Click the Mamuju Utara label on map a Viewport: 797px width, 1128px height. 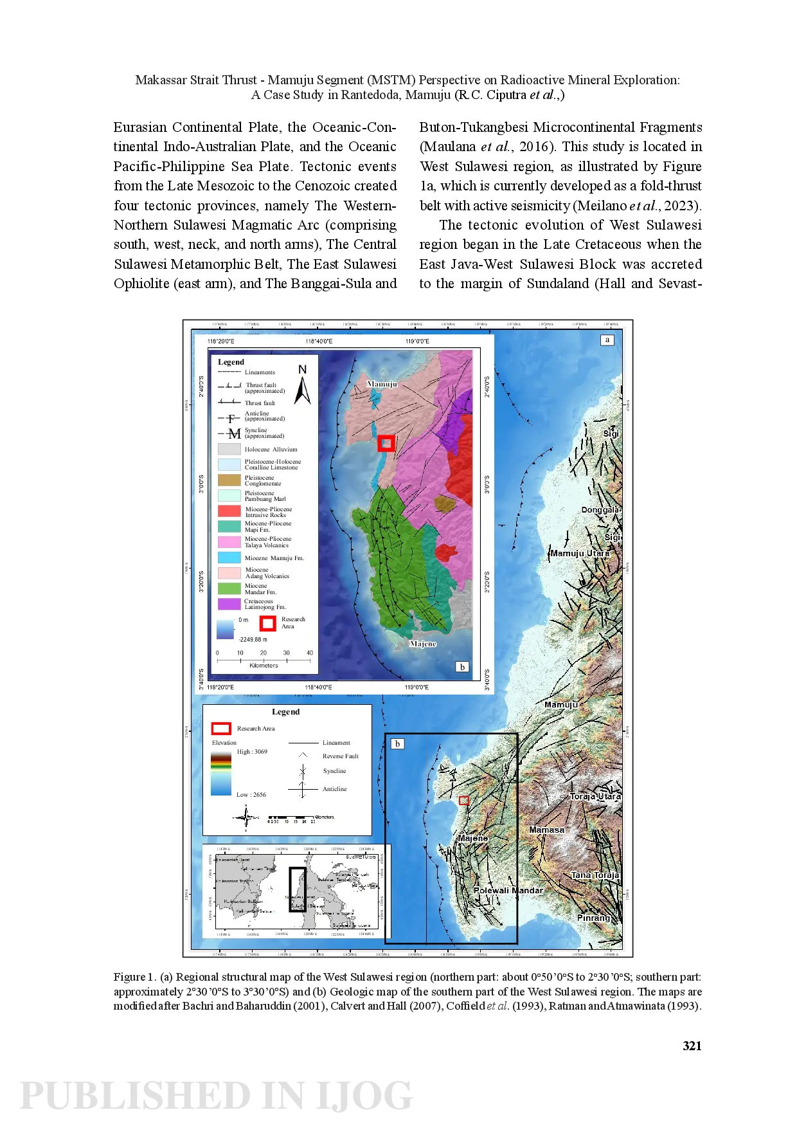580,553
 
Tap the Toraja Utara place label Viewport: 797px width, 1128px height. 595,796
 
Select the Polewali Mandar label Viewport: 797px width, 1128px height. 508,891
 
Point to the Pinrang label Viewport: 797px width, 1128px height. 593,918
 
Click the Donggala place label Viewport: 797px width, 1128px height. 600,510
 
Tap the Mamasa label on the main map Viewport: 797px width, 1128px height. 546,830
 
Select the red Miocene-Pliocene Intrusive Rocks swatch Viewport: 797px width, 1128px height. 229,511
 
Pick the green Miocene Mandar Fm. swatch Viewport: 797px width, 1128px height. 229,588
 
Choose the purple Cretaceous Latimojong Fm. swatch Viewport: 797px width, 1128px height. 229,604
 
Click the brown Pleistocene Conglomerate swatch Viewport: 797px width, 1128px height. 229,480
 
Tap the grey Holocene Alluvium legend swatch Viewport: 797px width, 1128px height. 229,449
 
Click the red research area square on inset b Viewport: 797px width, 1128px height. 386,443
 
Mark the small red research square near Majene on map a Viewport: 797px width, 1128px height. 464,800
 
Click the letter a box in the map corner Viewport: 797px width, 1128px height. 607,340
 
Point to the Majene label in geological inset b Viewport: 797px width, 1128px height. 423,644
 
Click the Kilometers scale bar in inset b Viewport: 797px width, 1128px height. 264,660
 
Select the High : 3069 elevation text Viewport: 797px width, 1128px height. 252,751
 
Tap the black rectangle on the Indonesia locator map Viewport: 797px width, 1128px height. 298,889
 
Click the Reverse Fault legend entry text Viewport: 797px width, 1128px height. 340,756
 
